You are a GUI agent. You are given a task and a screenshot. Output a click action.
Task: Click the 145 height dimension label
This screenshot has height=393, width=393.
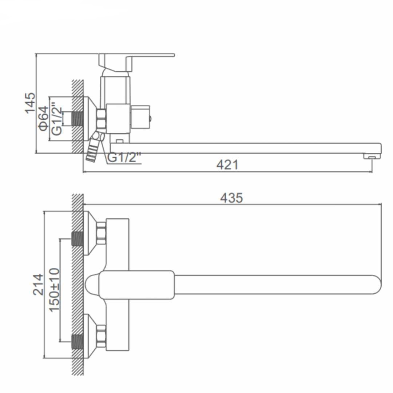coord(30,103)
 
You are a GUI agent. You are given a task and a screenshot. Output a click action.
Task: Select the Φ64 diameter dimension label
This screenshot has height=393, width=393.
coord(44,118)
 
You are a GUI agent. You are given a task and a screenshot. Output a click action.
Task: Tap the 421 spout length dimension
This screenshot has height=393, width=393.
coord(227,165)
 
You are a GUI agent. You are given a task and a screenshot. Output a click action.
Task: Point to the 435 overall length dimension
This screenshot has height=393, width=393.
coord(231,198)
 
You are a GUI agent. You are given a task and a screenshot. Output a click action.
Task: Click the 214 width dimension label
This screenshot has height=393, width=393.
coord(38,285)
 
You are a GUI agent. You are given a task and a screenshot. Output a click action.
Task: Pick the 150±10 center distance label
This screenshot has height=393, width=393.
coord(54,290)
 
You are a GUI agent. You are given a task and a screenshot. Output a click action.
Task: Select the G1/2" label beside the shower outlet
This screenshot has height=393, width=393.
coord(124,158)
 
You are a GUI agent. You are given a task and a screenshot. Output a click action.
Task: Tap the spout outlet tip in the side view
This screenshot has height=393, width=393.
coord(372,156)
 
